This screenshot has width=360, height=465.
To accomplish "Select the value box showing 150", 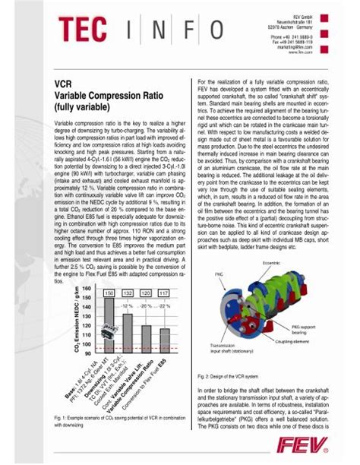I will [x=108, y=293].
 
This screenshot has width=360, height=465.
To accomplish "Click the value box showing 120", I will [x=146, y=293].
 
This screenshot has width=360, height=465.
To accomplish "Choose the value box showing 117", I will [x=164, y=293].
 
